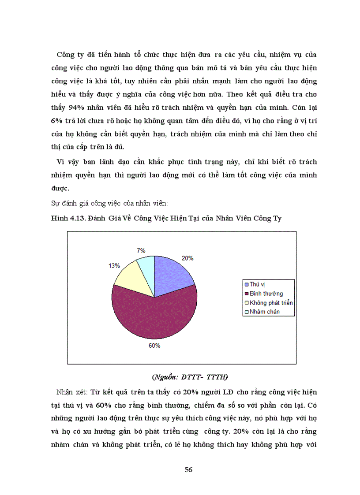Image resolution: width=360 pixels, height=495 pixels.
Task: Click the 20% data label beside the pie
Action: [x=187, y=258]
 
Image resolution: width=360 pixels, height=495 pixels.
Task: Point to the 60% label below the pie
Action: [x=154, y=346]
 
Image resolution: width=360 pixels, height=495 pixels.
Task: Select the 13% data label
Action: [x=115, y=265]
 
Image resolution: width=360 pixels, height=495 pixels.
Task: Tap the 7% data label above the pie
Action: [x=141, y=250]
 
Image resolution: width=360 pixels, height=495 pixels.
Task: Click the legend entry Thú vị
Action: [x=257, y=284]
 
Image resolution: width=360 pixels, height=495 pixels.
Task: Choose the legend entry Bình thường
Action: [x=266, y=294]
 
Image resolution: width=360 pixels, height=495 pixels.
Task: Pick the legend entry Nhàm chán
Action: [x=265, y=312]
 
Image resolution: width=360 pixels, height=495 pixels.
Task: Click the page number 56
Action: [x=188, y=470]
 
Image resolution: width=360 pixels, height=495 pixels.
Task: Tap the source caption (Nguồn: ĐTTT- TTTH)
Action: [x=189, y=377]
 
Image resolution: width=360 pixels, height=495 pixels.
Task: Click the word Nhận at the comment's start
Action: [x=65, y=392]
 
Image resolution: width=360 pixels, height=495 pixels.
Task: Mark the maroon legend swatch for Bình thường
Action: [x=246, y=294]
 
